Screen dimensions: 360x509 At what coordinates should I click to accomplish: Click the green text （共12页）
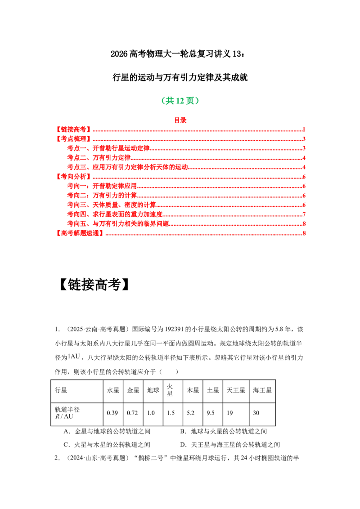click(x=180, y=101)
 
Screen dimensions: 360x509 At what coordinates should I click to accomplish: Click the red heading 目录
click(x=180, y=120)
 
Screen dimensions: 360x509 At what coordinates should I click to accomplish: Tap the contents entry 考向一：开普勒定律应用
click(x=102, y=186)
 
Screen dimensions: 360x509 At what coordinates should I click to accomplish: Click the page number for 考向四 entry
click(x=304, y=214)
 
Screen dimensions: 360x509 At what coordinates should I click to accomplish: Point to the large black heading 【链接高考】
click(x=94, y=285)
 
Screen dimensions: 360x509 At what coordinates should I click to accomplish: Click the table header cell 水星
click(x=113, y=390)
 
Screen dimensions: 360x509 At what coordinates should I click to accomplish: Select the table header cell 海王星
click(x=262, y=390)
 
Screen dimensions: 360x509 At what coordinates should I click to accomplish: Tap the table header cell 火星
click(x=170, y=390)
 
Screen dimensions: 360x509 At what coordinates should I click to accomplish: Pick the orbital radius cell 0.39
click(x=112, y=413)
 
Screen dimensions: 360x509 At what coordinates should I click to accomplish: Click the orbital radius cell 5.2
click(x=190, y=413)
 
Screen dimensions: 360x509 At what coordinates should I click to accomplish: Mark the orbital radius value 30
click(x=256, y=413)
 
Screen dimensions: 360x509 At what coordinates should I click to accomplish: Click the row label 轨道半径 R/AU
click(x=67, y=413)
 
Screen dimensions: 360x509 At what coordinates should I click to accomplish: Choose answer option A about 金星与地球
click(x=107, y=431)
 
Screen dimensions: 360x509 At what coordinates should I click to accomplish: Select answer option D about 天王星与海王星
click(x=230, y=445)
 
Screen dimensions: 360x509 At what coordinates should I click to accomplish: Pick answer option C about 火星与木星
click(x=107, y=445)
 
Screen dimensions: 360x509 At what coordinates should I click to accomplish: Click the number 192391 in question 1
click(x=174, y=329)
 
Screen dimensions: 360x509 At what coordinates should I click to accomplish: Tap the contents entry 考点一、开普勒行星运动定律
click(x=108, y=148)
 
